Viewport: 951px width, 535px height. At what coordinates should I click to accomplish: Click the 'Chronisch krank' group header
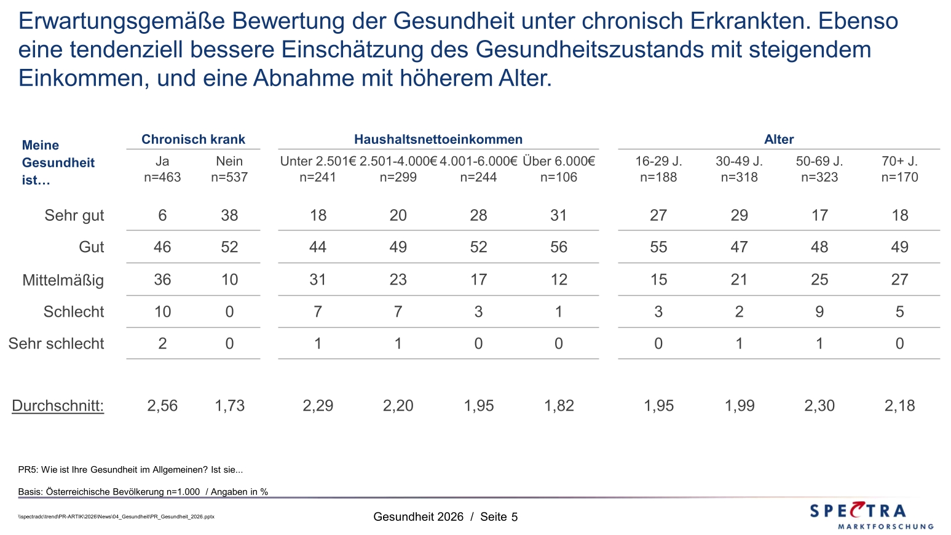coord(193,139)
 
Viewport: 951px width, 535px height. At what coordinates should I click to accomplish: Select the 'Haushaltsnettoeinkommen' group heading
coord(438,139)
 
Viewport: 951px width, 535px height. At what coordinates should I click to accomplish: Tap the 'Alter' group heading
coord(779,139)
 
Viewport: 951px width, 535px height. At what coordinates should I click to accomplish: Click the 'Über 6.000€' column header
coord(559,161)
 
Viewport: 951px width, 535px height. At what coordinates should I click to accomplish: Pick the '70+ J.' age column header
coord(899,161)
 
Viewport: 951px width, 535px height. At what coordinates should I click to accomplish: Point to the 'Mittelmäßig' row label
coord(63,280)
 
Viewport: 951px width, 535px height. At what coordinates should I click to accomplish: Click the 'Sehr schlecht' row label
coord(56,344)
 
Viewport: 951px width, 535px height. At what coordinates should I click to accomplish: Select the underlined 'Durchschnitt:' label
coord(58,406)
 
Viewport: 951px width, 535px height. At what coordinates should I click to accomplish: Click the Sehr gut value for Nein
coord(229,215)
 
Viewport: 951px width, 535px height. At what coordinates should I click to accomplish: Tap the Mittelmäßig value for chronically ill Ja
coord(162,279)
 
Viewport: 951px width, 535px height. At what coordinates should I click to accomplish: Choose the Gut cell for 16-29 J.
coord(658,247)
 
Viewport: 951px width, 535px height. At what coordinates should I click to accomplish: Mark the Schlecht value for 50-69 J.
coord(819,312)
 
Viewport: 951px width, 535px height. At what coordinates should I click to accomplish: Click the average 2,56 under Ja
coord(162,406)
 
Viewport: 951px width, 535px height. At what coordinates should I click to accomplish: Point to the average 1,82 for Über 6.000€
coord(559,406)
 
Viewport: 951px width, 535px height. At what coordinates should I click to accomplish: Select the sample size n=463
coord(162,177)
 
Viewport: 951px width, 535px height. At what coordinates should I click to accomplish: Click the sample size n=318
coord(739,177)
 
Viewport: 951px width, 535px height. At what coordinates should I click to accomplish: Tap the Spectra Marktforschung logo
coord(871,515)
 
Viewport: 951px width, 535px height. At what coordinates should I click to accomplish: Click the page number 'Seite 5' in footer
coord(499,517)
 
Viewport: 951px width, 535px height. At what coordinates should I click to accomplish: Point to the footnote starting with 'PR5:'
coord(130,470)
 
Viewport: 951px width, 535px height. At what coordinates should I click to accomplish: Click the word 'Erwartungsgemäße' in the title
coord(122,22)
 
